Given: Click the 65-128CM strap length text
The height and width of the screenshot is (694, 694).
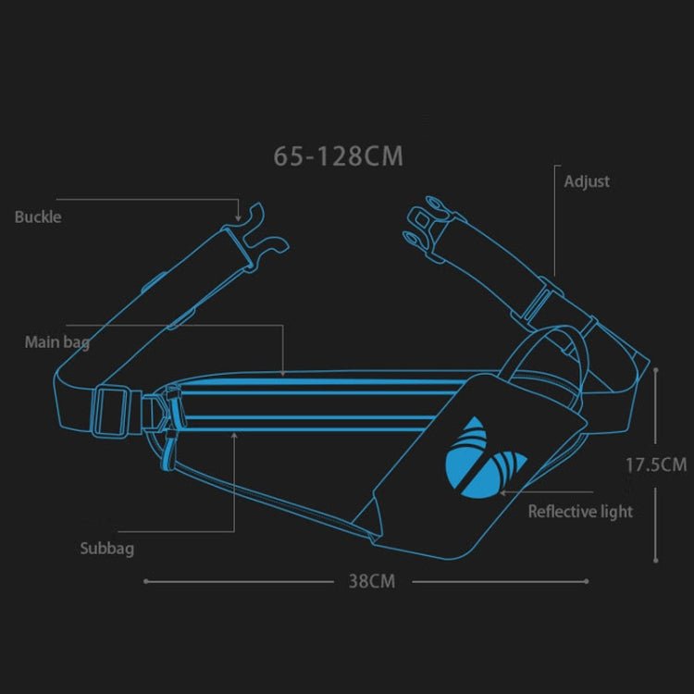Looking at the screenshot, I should click(x=339, y=155).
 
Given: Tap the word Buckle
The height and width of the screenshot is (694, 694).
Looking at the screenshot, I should click(x=38, y=217).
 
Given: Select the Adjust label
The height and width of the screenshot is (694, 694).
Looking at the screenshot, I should click(x=587, y=181).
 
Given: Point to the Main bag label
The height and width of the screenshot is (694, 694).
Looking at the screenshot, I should click(x=56, y=342).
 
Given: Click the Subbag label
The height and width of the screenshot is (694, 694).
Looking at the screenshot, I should click(x=106, y=549).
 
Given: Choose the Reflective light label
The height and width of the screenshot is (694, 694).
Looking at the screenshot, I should click(x=580, y=511).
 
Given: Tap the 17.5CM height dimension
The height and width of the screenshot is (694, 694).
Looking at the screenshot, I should click(x=656, y=465).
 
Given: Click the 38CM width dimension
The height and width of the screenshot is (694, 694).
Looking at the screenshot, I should click(x=371, y=581).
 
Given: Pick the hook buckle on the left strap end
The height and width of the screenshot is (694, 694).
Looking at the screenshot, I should click(x=262, y=233).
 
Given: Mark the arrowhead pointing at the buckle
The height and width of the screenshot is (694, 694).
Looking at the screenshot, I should click(x=239, y=212).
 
